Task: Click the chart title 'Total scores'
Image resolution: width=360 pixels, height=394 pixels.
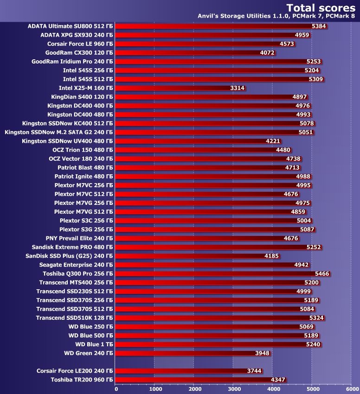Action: (x=321, y=7)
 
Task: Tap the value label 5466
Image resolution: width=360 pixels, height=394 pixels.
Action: (x=322, y=273)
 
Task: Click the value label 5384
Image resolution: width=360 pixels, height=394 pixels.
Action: (x=319, y=26)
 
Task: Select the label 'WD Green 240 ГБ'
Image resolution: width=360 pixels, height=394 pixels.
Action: (x=88, y=353)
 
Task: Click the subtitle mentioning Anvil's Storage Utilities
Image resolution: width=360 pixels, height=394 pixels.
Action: (x=276, y=16)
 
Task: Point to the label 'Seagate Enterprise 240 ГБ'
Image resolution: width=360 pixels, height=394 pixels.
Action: (x=76, y=265)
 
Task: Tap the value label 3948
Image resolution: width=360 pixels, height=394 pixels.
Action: (x=262, y=353)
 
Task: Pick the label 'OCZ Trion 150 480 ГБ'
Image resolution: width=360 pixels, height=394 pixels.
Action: (x=83, y=150)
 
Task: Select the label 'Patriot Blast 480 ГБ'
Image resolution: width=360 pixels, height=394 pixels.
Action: (x=85, y=167)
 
